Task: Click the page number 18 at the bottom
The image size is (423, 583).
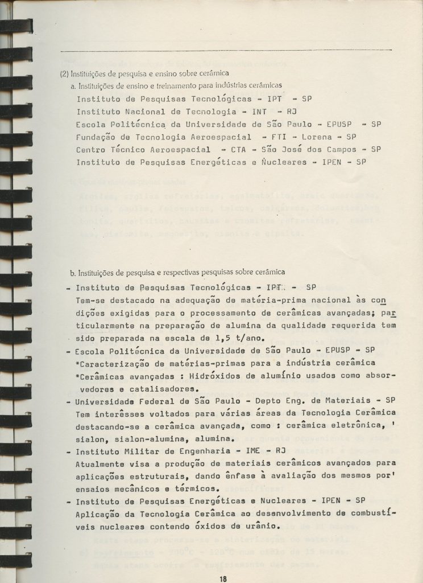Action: (223, 578)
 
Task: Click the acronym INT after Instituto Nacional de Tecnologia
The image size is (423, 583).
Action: (259, 112)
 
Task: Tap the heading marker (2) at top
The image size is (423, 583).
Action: (65, 73)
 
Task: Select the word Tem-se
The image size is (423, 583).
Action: (90, 300)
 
